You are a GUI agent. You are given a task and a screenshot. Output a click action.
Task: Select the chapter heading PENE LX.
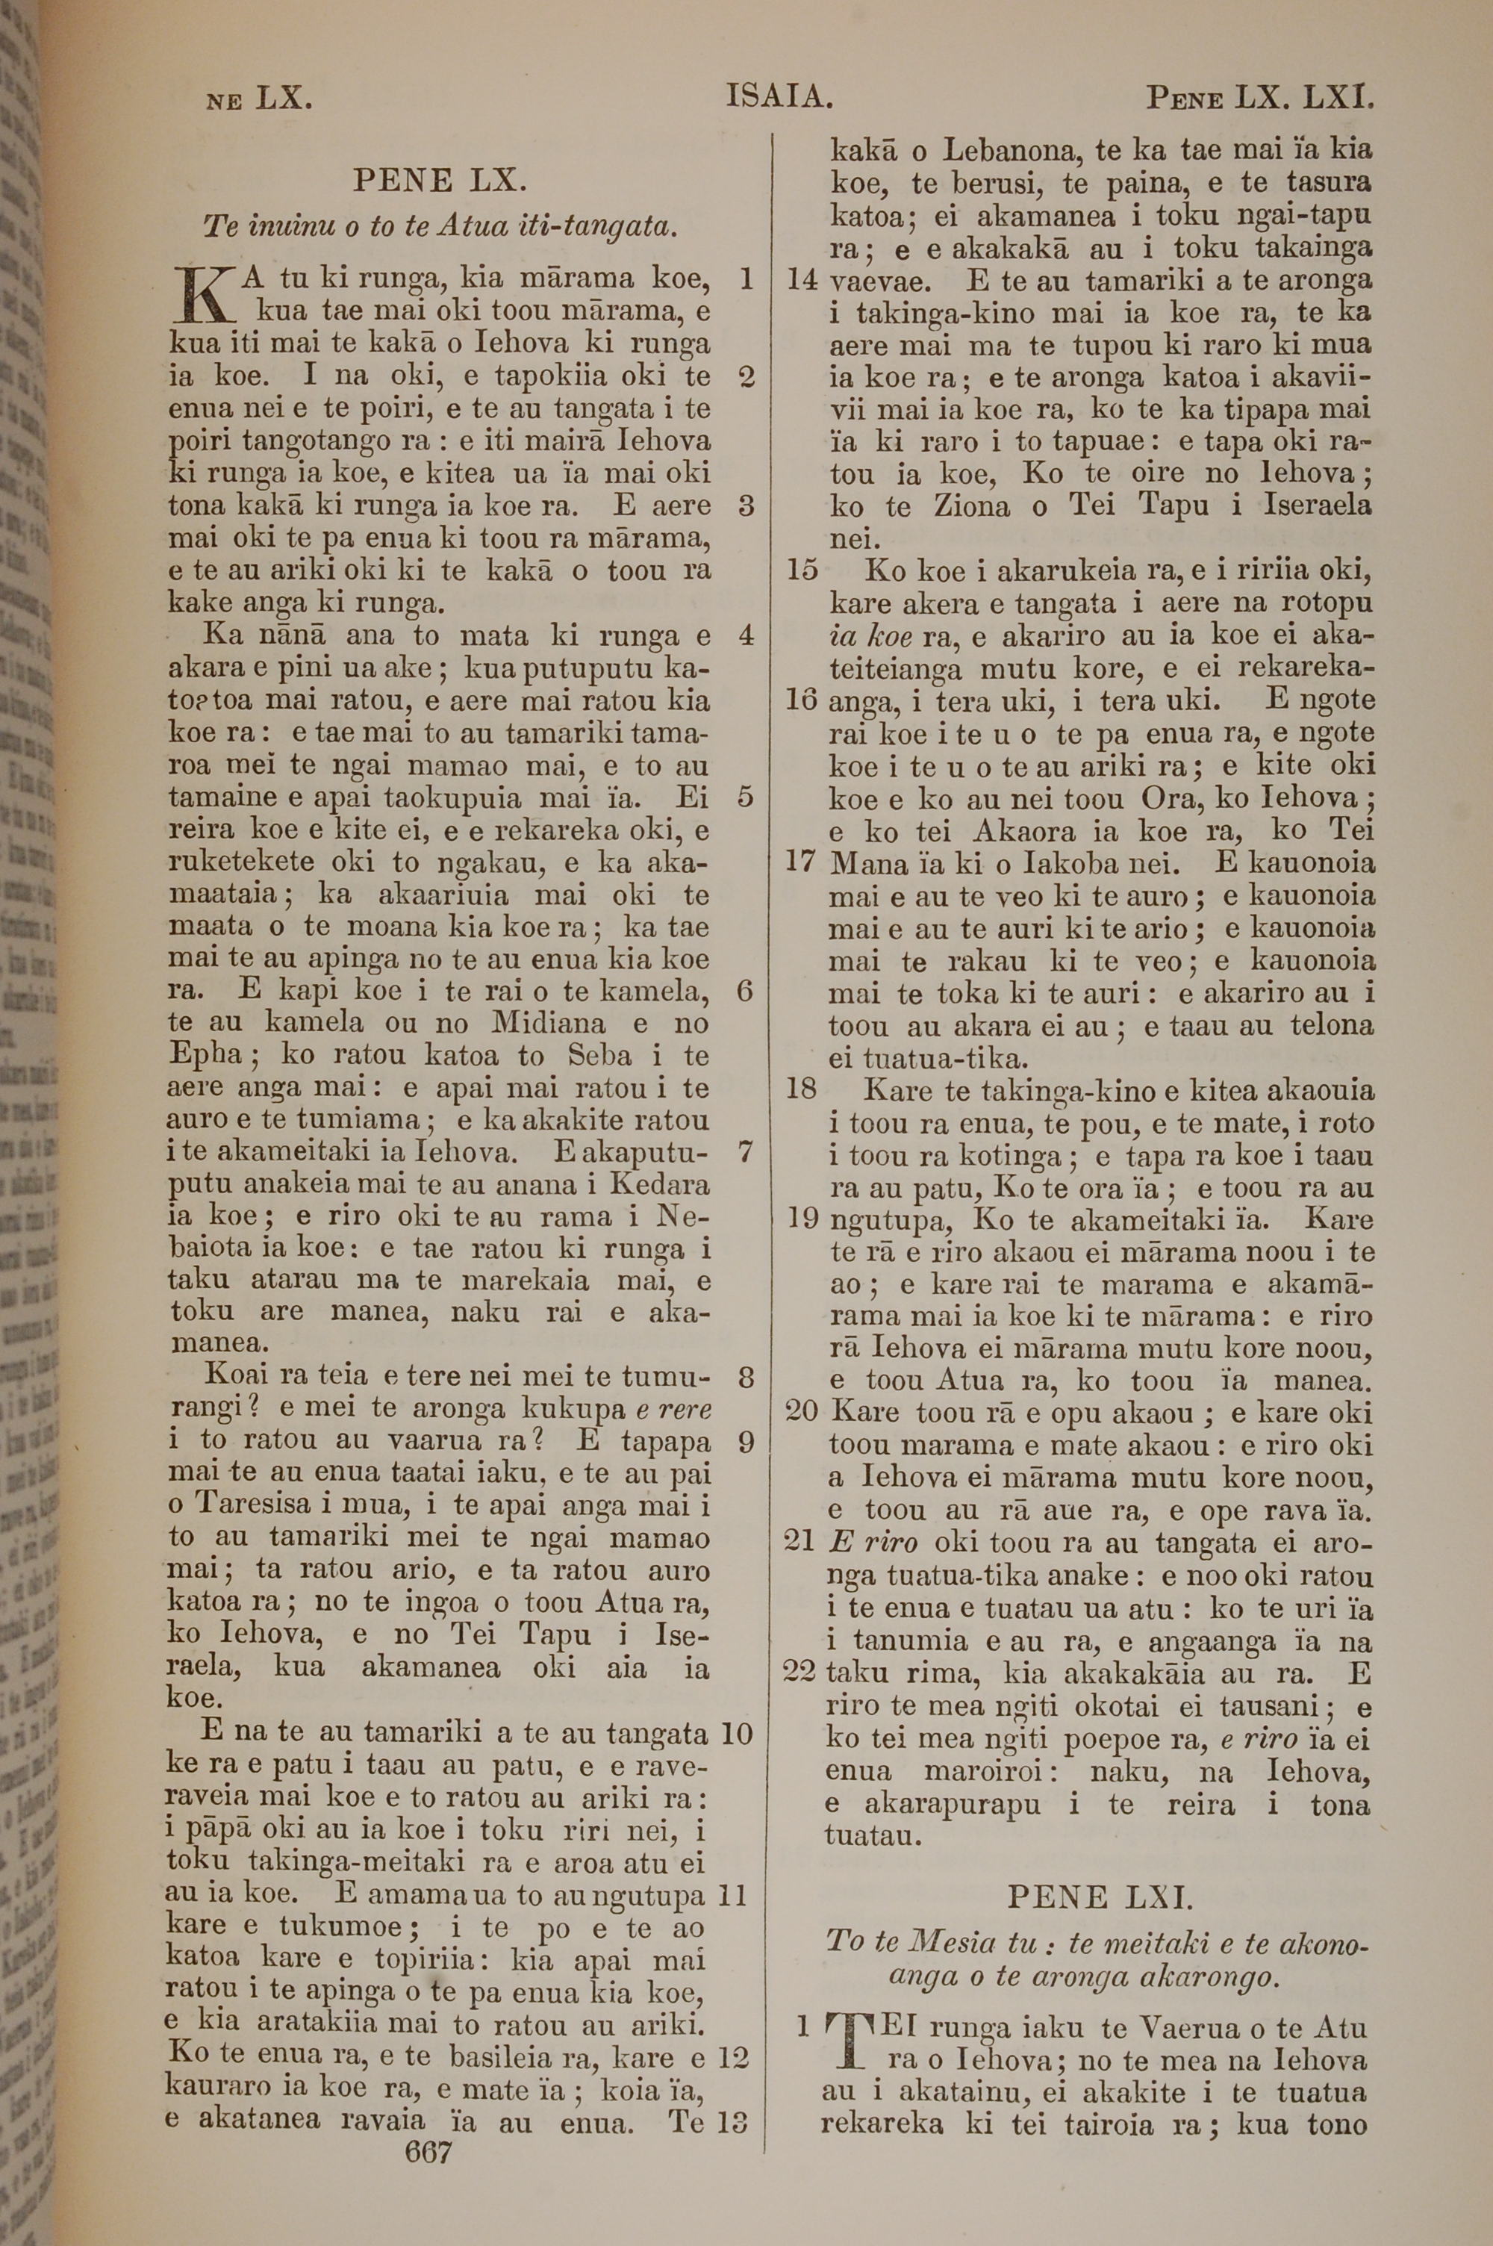point(439,179)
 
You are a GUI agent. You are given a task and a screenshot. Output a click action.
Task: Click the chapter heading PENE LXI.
point(1100,1899)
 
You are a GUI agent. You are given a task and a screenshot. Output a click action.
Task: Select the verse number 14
point(805,280)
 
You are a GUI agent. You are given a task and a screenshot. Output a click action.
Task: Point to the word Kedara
point(659,1186)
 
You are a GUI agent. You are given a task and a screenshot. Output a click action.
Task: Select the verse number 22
point(801,1672)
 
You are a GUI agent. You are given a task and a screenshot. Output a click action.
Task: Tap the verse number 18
point(801,1089)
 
